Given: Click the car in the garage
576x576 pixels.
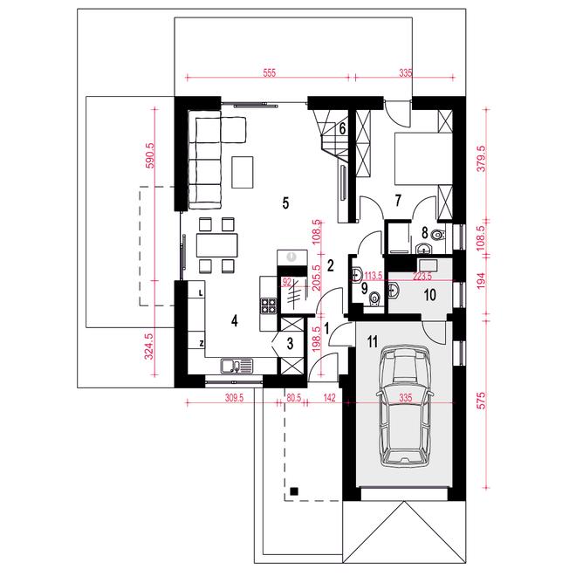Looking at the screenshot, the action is (x=404, y=407).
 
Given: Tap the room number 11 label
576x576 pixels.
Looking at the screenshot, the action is (x=373, y=342).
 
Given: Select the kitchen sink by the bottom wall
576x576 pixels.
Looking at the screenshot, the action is (x=237, y=366).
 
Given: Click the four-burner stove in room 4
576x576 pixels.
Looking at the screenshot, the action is (x=268, y=305).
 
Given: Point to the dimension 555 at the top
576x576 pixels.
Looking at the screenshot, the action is (x=270, y=72).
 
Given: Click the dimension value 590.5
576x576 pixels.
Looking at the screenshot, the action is (x=151, y=154).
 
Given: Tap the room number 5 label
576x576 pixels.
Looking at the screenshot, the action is (x=285, y=202).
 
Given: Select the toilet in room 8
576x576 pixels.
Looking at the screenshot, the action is (x=438, y=235).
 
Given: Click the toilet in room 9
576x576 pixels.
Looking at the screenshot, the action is (x=374, y=298).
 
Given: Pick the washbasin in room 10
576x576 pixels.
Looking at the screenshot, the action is (x=394, y=291).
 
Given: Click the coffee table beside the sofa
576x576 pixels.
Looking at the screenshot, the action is (x=242, y=172).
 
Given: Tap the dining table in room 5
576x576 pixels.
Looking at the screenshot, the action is (x=216, y=245).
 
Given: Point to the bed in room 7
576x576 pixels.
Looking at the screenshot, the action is (x=423, y=158).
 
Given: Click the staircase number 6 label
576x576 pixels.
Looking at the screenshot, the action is (x=342, y=129).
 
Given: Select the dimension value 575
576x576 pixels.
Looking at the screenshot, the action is (x=482, y=401).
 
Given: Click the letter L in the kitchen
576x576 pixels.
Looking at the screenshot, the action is (x=201, y=292).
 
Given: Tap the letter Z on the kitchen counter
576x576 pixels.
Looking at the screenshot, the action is (x=202, y=344).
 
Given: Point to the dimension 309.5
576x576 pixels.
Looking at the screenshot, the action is (x=234, y=398).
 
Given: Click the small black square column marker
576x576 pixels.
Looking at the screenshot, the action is (x=294, y=491).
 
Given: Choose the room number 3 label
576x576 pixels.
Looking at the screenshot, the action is (x=290, y=344).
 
